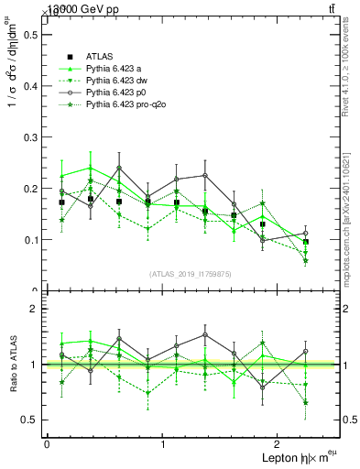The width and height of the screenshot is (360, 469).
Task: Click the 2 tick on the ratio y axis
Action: [x=35, y=309]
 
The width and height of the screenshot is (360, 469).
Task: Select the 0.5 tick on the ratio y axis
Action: [x=31, y=420]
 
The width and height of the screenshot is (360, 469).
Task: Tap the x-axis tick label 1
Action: [x=163, y=444]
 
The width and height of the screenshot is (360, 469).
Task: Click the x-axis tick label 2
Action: [x=280, y=444]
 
